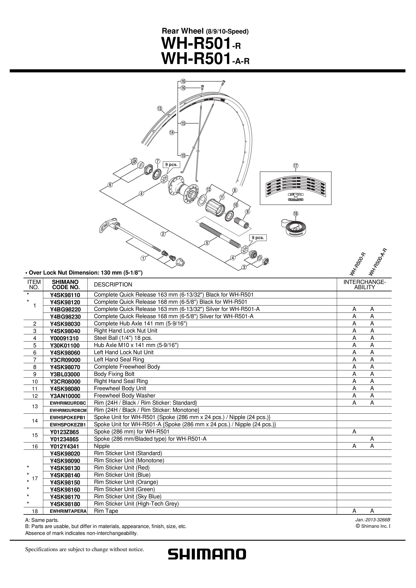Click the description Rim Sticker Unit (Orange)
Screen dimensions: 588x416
126,482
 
